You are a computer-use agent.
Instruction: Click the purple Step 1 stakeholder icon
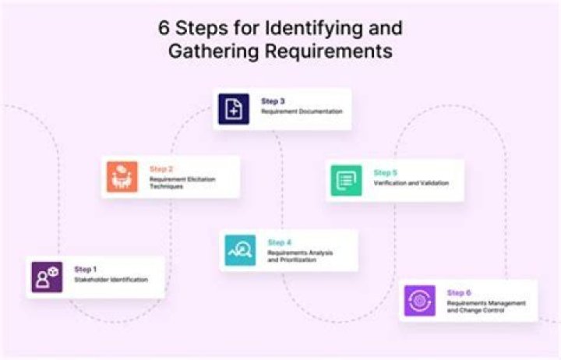[x=47, y=277]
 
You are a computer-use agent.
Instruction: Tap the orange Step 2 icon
[x=122, y=177]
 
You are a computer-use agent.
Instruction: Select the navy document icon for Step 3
[x=234, y=109]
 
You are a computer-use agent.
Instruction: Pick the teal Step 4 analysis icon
[x=240, y=250]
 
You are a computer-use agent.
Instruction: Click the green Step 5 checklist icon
[x=346, y=180]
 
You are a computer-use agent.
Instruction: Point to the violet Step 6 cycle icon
[x=420, y=301]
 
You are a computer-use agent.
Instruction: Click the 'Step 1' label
[x=85, y=269]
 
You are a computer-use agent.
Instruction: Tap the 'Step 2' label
[x=161, y=169]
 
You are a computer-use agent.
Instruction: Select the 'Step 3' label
[x=273, y=101]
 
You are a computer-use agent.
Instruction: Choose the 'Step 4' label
[x=280, y=242]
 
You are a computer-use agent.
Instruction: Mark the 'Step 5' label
[x=386, y=173]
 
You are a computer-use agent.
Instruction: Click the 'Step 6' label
[x=459, y=293]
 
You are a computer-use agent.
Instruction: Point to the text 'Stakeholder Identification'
[x=111, y=280]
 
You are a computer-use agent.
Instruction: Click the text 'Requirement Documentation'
[x=302, y=111]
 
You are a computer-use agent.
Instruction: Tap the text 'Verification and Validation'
[x=411, y=183]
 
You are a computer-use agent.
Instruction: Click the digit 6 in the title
[x=164, y=28]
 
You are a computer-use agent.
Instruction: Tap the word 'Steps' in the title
[x=202, y=28]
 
